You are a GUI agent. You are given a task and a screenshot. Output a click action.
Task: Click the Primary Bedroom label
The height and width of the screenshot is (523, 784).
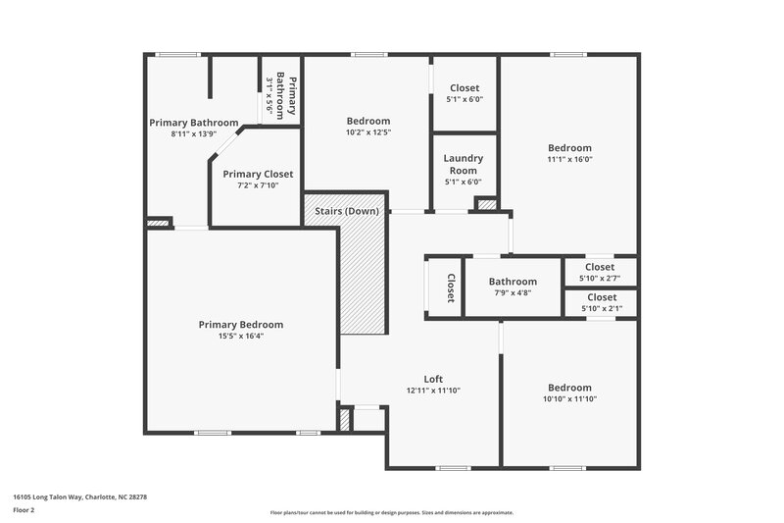pos(240,325)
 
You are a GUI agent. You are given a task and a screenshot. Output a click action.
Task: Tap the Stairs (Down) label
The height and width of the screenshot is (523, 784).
pos(346,211)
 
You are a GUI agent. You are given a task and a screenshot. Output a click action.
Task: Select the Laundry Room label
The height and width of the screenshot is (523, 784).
pos(464,164)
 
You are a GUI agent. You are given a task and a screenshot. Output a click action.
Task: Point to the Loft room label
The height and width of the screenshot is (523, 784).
pos(433,379)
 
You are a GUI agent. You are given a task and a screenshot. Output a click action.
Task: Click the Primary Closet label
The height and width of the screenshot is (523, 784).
pos(258,174)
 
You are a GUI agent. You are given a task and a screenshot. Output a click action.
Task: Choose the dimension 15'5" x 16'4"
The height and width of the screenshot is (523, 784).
pos(240,337)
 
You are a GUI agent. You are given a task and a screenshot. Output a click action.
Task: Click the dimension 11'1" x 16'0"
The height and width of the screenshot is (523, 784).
pos(569,159)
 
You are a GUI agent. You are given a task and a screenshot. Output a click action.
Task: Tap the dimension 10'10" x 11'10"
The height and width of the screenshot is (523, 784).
pos(569,399)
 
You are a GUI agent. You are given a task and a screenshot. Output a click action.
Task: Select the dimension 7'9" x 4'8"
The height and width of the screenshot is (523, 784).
pos(513,292)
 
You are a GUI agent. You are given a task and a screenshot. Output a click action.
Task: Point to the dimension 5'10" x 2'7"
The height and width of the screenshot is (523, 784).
pos(600,278)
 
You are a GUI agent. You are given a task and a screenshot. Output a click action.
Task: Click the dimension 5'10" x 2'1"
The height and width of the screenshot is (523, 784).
pos(600,308)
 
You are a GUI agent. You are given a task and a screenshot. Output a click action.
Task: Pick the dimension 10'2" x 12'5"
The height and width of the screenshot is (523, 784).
pos(367,132)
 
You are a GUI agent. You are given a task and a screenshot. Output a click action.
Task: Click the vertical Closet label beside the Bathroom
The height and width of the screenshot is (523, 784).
pos(451,287)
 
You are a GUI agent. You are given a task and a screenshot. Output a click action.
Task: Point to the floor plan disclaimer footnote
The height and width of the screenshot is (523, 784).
pos(391,512)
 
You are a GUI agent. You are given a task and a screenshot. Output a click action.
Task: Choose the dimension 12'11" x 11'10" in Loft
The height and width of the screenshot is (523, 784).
pos(433,391)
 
